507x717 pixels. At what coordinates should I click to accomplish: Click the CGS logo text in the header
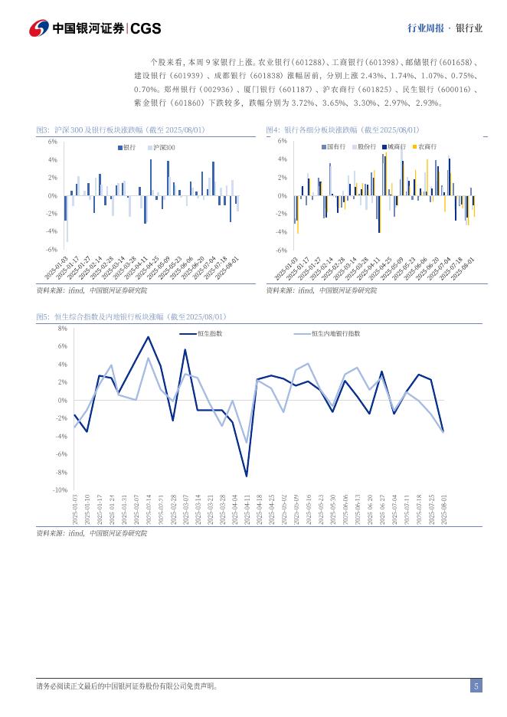click(x=146, y=28)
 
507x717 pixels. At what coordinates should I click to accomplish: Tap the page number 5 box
click(x=476, y=686)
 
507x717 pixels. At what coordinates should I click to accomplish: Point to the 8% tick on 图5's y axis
click(x=62, y=328)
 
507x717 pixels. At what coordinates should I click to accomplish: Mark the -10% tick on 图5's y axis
click(x=61, y=489)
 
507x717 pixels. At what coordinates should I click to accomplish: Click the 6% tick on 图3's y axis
click(x=53, y=142)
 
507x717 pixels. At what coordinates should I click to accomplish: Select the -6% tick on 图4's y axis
click(x=282, y=250)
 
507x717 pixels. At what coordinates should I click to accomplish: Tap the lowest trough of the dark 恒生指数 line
click(x=247, y=476)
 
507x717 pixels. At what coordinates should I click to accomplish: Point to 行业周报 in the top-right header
click(x=425, y=28)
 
